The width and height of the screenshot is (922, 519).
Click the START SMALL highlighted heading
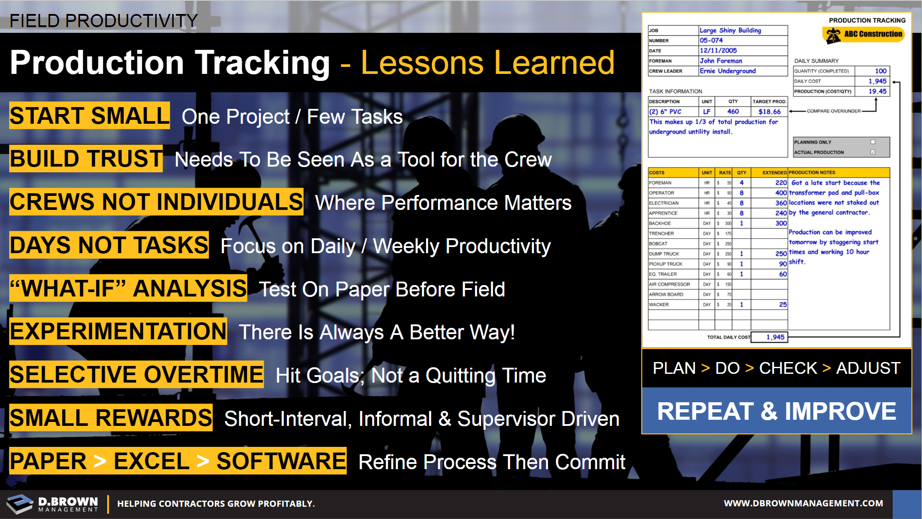(90, 115)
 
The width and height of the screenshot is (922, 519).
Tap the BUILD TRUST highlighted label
(86, 158)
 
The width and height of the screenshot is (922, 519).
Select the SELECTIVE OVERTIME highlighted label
(136, 374)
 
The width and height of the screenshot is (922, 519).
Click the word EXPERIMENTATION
(118, 331)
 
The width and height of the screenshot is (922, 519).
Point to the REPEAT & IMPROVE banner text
(777, 411)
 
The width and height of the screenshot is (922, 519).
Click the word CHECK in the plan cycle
(788, 368)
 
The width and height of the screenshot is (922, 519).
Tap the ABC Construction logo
(863, 35)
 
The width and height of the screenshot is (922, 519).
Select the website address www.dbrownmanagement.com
(803, 503)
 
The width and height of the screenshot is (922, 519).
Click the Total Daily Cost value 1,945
(775, 337)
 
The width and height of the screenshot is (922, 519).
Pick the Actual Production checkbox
(873, 152)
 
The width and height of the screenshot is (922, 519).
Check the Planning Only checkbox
(873, 142)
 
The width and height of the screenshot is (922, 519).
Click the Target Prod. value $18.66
(769, 112)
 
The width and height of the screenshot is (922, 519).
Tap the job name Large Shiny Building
(730, 30)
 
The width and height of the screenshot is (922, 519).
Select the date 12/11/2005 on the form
(718, 50)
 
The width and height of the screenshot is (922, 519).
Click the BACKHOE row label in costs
(660, 223)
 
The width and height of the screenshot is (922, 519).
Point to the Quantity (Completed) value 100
(880, 71)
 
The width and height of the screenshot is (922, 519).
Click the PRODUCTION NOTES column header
(812, 173)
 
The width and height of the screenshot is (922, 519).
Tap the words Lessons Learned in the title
(488, 63)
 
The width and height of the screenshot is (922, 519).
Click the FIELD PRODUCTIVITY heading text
(104, 21)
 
